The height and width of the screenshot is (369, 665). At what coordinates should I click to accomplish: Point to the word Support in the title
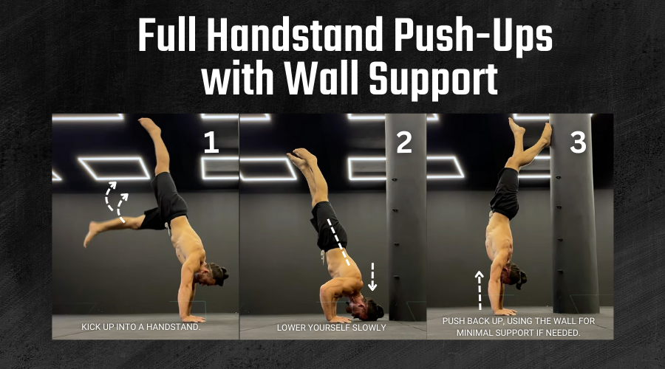[433, 81]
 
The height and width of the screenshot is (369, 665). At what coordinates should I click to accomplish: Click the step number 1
[211, 142]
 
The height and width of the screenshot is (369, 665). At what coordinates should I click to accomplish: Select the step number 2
[404, 142]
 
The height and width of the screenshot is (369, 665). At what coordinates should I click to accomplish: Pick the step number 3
[578, 142]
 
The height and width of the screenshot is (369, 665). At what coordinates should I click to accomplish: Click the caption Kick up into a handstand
[141, 327]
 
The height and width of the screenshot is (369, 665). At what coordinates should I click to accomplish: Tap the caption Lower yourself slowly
[332, 328]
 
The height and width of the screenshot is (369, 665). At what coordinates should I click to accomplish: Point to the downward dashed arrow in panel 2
[372, 277]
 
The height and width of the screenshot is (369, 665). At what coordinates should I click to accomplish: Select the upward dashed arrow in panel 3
[480, 291]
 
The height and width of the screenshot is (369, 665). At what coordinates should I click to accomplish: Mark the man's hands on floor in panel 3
[505, 312]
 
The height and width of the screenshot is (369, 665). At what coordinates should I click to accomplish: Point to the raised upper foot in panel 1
[149, 125]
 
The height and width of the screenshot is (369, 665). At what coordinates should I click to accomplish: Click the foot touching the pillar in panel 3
[545, 134]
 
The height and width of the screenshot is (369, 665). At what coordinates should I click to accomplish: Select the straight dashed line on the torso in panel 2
[338, 242]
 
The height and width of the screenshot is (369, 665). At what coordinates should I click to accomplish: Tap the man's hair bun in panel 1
[223, 275]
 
